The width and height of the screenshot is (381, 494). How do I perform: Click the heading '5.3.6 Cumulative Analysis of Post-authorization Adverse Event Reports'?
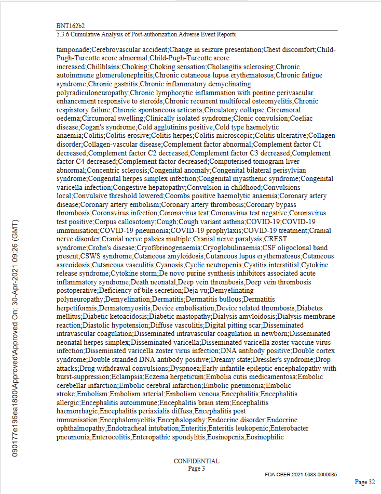[x=146, y=34]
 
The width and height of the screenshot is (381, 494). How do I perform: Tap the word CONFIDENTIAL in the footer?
[x=196, y=461]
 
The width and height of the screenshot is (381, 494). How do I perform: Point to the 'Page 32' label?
[x=365, y=482]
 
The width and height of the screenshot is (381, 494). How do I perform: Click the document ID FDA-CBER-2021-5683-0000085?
[x=301, y=475]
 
